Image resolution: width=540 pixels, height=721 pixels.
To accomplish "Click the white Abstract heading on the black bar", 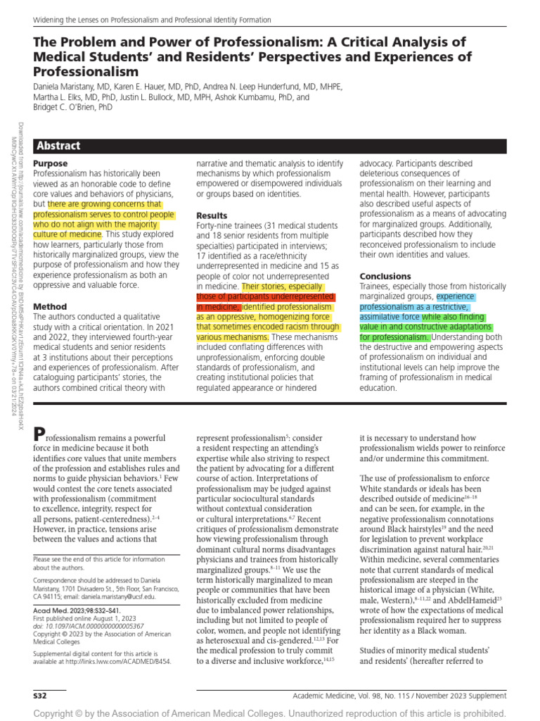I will pos(59,146).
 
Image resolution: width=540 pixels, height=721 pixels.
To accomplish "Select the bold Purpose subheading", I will pos(51,163).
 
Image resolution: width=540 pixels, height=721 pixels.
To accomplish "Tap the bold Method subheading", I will pos(50,306).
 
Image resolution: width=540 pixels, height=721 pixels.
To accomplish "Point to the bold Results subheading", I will pos(212,215).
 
